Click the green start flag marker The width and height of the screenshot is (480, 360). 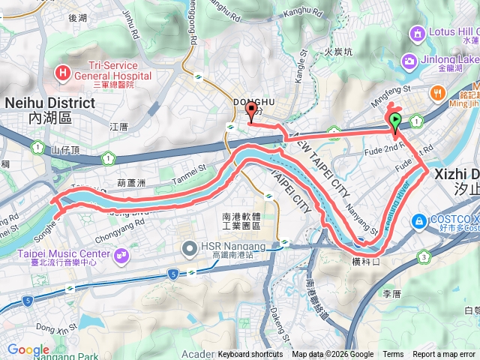tap(394, 121)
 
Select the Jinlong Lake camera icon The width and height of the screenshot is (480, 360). tap(409, 61)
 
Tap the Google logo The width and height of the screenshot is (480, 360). tap(28, 349)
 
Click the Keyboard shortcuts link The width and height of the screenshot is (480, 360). tap(250, 355)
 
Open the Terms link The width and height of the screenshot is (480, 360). tap(393, 355)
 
